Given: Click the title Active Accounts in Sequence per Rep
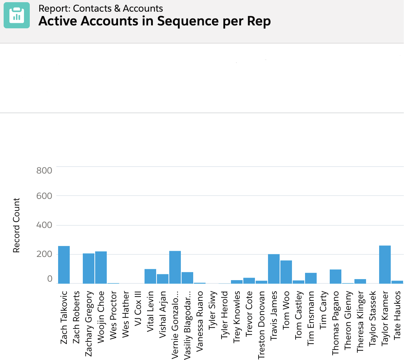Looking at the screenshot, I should point(154,21).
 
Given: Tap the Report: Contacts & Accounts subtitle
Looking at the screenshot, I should point(101,9).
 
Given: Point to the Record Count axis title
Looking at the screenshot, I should point(16,225).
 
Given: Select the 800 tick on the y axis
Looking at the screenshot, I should point(44,170).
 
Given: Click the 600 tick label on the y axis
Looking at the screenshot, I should point(44,196).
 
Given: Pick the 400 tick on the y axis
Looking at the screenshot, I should point(44,225).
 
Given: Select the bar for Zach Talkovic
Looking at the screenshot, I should point(64,265).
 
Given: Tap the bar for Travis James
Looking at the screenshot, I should point(274,269).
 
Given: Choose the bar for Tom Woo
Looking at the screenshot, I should point(286,272).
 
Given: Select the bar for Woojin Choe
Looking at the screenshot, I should point(101,267).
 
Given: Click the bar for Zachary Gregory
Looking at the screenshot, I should point(89,268).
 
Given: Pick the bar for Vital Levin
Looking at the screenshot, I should point(150,276).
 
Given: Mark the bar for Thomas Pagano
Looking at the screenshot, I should point(336,276).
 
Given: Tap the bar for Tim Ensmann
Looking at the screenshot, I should point(311,278).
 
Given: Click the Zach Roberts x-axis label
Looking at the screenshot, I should point(77,309).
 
